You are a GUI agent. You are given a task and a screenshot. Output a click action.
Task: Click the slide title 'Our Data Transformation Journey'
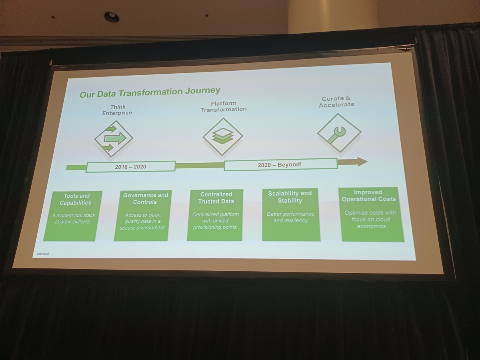(x=150, y=92)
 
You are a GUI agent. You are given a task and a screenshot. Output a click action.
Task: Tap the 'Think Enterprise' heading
(x=117, y=110)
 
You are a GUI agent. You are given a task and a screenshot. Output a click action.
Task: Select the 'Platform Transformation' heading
(x=224, y=106)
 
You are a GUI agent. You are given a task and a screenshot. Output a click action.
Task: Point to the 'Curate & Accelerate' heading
(x=336, y=102)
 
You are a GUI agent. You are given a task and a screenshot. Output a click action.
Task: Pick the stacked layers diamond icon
(x=223, y=136)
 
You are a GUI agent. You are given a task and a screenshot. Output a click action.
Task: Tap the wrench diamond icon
(x=339, y=133)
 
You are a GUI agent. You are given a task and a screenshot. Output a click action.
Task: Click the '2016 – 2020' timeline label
(x=130, y=166)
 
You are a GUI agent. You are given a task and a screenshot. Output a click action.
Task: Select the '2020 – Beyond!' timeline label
(x=280, y=164)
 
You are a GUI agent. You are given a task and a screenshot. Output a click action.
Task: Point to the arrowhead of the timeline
(x=362, y=162)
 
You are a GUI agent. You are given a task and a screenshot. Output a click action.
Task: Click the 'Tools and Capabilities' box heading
(x=76, y=199)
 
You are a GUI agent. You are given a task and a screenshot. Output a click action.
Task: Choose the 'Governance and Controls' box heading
(x=145, y=198)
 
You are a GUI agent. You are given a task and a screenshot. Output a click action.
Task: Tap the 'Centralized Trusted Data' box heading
(x=216, y=198)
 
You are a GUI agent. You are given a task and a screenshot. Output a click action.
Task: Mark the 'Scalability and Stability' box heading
(x=290, y=196)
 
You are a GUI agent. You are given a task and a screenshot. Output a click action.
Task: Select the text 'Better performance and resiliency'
(x=290, y=217)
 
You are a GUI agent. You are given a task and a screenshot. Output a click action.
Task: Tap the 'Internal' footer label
(x=43, y=254)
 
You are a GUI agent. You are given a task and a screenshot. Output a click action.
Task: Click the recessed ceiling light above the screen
(x=111, y=16)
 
